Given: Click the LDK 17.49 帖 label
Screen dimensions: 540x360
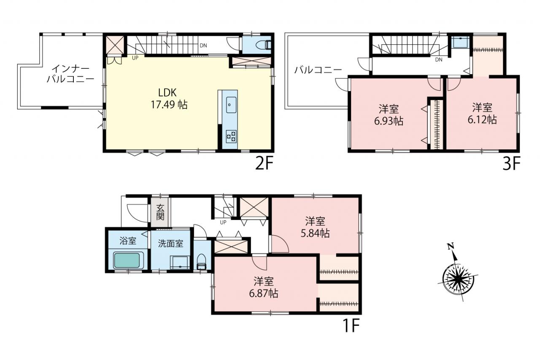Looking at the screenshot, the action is [x=169, y=99].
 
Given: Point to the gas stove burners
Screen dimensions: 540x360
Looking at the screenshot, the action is [x=231, y=136].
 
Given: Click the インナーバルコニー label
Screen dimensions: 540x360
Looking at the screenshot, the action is [x=70, y=74].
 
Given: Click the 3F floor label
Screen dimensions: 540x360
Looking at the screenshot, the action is [x=512, y=163].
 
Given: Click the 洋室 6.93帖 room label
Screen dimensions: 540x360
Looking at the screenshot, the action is [x=389, y=114].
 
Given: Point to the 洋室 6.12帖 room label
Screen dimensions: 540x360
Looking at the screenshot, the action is [x=482, y=114].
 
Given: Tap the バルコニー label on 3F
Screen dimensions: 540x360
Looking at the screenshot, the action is [x=318, y=70].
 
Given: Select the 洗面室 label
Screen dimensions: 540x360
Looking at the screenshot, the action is [x=170, y=244].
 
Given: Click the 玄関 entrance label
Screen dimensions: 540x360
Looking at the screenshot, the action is [x=160, y=212].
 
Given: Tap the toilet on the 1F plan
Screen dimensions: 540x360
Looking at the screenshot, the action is [x=202, y=262].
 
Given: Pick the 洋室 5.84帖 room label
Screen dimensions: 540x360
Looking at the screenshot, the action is [x=315, y=227].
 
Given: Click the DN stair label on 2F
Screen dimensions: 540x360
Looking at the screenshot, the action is [x=203, y=46].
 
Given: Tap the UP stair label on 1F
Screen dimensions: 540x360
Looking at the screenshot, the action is [x=223, y=222].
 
